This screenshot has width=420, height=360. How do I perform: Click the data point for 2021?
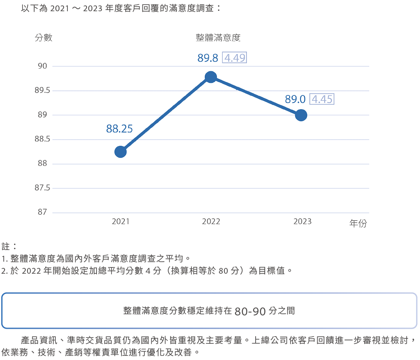coord(120,152)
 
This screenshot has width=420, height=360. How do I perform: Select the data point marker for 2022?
coord(211,77)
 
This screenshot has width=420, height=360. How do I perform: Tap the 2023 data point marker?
coord(301,115)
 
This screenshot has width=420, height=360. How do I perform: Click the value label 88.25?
coord(119,129)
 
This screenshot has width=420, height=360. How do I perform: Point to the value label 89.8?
coord(208,58)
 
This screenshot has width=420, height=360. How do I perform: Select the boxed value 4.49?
coord(235,58)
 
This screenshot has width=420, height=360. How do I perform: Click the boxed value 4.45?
coord(322,100)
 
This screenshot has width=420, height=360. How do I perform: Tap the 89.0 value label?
coord(295,100)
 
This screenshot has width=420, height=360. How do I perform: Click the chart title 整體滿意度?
coord(218,38)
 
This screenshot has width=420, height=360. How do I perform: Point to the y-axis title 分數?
coord(43,37)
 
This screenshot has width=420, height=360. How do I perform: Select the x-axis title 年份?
coord(358,224)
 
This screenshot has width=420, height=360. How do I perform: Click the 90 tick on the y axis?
coord(42,66)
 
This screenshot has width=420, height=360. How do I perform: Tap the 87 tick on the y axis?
coord(42,212)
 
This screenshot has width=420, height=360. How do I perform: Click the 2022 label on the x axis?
coord(211,222)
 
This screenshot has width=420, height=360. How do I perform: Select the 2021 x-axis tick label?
coord(121,222)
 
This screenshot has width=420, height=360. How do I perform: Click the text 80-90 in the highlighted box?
coord(250,311)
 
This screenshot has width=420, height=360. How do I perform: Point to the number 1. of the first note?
coord(5,259)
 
